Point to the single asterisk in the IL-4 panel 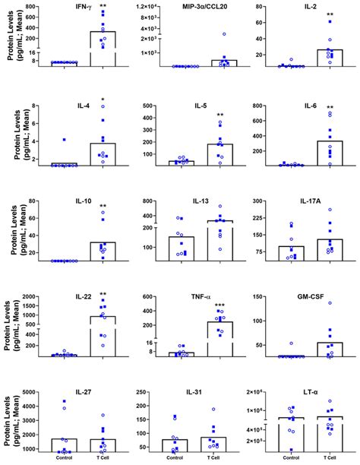103,100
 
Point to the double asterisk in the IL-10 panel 103,207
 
